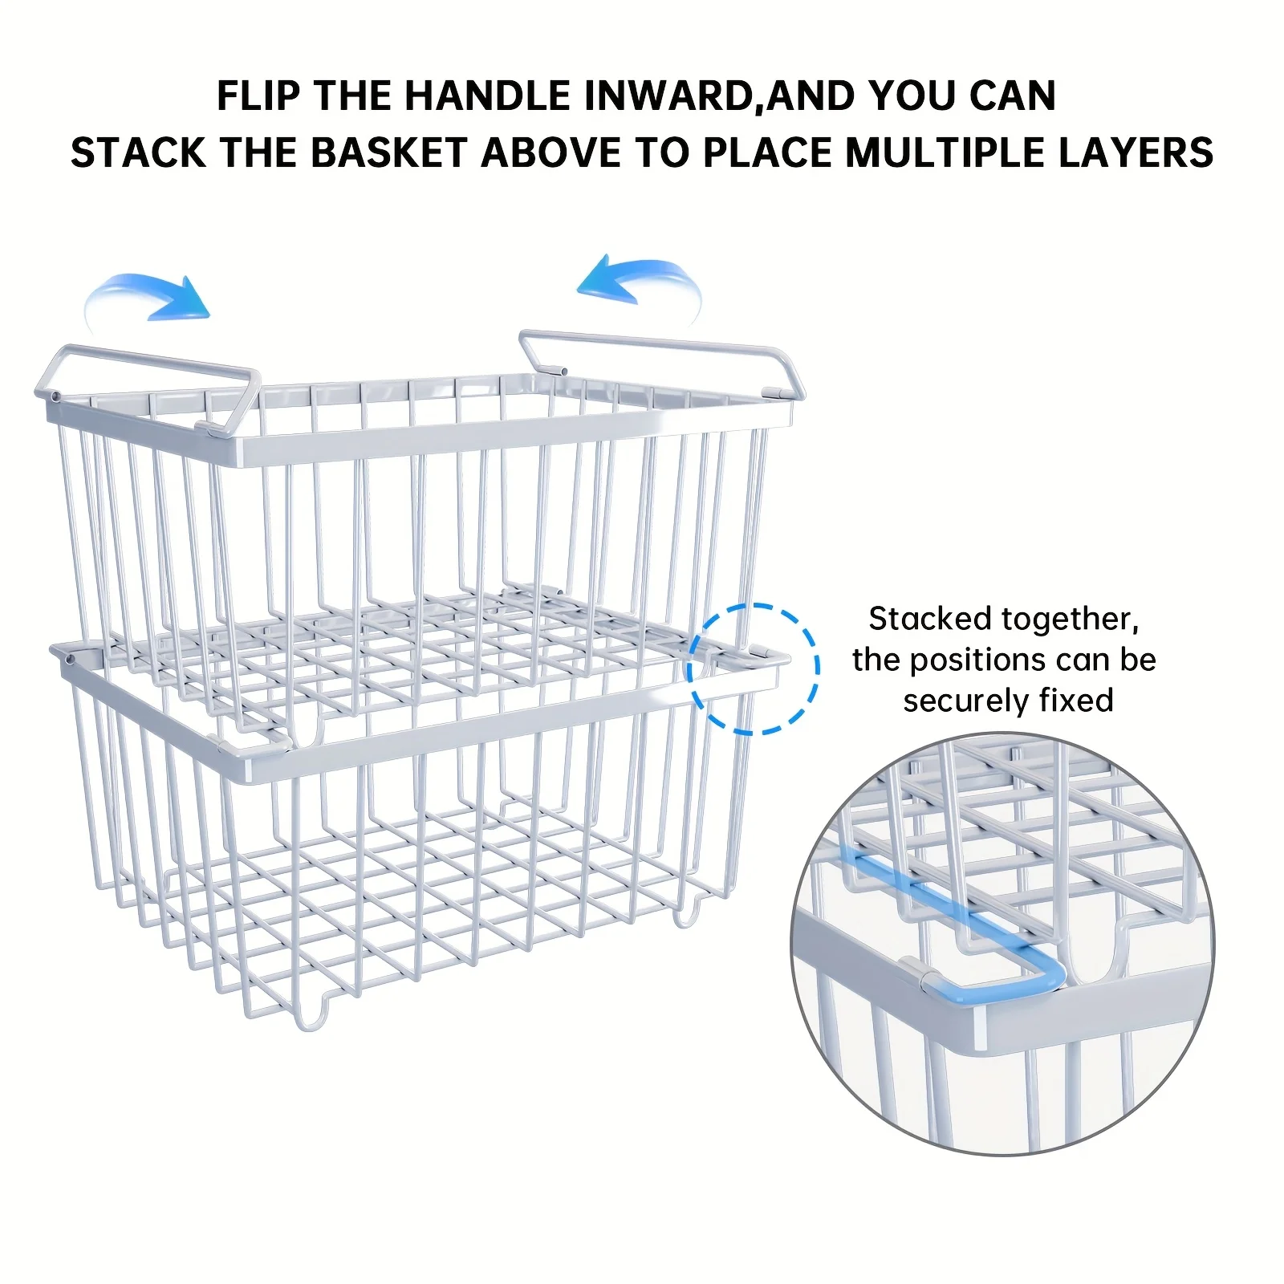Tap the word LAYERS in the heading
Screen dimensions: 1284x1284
pyautogui.click(x=1136, y=152)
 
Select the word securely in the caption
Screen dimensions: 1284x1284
pyautogui.click(x=965, y=701)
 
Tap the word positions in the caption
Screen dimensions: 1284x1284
pyautogui.click(x=977, y=661)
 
